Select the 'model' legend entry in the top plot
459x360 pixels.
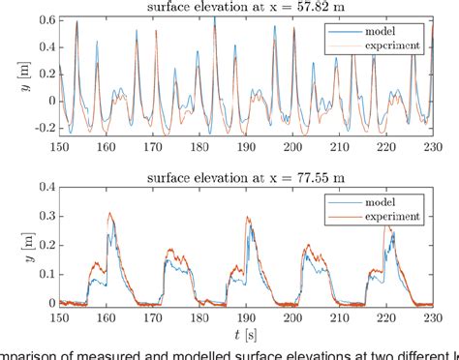point(383,31)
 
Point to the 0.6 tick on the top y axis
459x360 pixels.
point(46,18)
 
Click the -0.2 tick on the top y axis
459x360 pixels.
point(43,127)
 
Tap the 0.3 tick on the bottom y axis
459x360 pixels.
point(46,215)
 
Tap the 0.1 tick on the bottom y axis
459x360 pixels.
point(46,274)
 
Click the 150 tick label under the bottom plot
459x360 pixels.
point(61,316)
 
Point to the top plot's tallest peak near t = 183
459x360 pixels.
point(214,16)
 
